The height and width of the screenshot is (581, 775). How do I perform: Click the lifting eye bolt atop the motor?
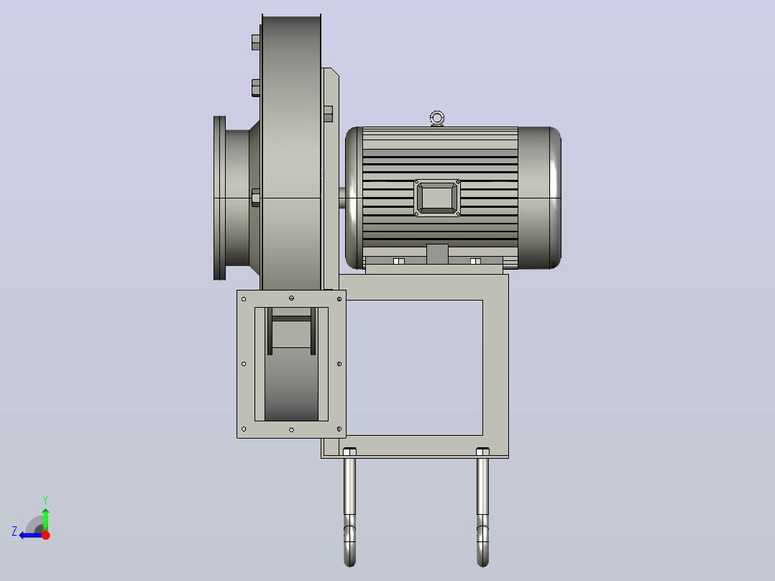click(x=437, y=119)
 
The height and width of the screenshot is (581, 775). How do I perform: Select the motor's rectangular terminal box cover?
click(x=437, y=198)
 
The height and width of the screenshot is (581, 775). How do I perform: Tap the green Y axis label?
click(x=45, y=500)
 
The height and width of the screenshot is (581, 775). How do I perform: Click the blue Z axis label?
click(x=14, y=531)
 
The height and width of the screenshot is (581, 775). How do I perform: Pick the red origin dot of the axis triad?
click(x=46, y=535)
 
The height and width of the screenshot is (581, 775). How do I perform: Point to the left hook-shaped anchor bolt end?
click(x=349, y=541)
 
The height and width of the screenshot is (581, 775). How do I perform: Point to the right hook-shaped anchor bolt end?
click(x=483, y=541)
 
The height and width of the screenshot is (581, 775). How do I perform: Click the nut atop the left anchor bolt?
click(x=349, y=452)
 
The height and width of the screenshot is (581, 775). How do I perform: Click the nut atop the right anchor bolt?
click(x=482, y=452)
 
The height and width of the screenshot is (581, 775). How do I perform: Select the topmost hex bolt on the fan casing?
click(x=256, y=42)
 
